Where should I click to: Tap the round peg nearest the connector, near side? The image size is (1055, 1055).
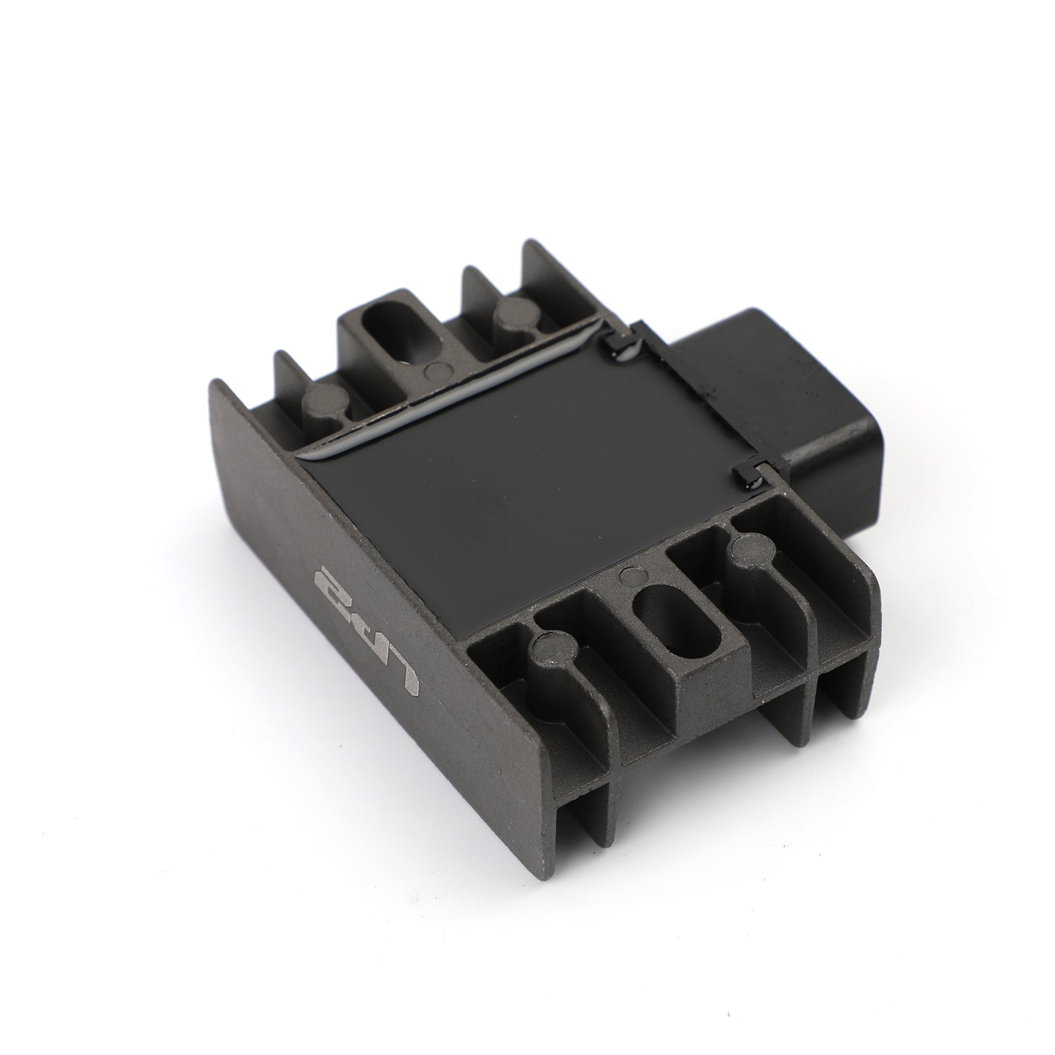pyautogui.click(x=748, y=551)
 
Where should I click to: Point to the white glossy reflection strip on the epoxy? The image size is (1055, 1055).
pyautogui.click(x=448, y=396)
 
